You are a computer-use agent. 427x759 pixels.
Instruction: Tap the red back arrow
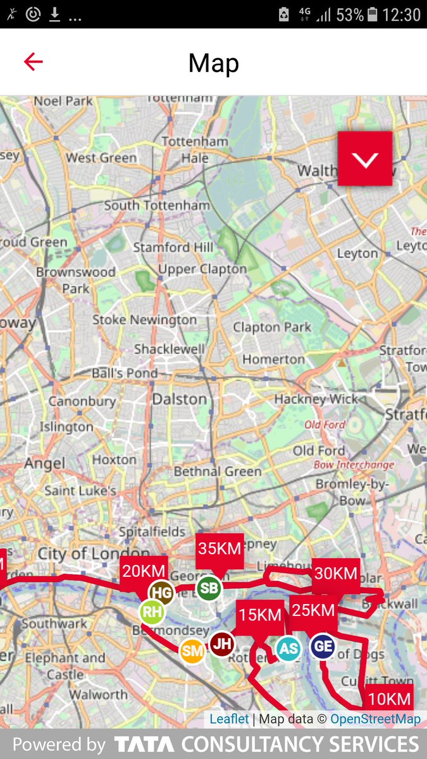click(33, 61)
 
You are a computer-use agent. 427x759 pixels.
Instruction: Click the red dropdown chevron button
click(365, 159)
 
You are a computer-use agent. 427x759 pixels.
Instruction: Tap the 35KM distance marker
click(220, 549)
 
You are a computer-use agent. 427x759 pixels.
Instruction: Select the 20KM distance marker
click(144, 571)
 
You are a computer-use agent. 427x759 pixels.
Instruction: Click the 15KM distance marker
click(259, 615)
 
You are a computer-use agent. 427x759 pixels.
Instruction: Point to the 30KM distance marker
click(336, 574)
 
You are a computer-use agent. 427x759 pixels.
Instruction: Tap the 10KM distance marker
click(390, 698)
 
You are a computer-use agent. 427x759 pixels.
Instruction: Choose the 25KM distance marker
click(313, 610)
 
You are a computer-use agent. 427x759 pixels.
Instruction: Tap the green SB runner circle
click(208, 589)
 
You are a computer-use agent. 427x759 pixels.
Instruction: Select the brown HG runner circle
click(162, 593)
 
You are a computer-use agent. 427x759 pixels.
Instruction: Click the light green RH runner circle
click(152, 612)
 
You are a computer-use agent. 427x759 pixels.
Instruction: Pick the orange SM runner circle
click(192, 651)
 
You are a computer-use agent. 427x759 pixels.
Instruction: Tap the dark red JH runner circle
click(222, 645)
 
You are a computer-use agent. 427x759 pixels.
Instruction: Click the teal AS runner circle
click(288, 648)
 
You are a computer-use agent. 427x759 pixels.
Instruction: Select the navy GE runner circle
click(323, 646)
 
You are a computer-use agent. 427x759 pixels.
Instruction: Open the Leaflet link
click(229, 719)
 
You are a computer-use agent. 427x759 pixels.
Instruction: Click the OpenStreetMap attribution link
click(375, 719)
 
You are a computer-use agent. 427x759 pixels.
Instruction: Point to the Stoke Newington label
click(145, 320)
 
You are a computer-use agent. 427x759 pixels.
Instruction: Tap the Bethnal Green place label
click(217, 472)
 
